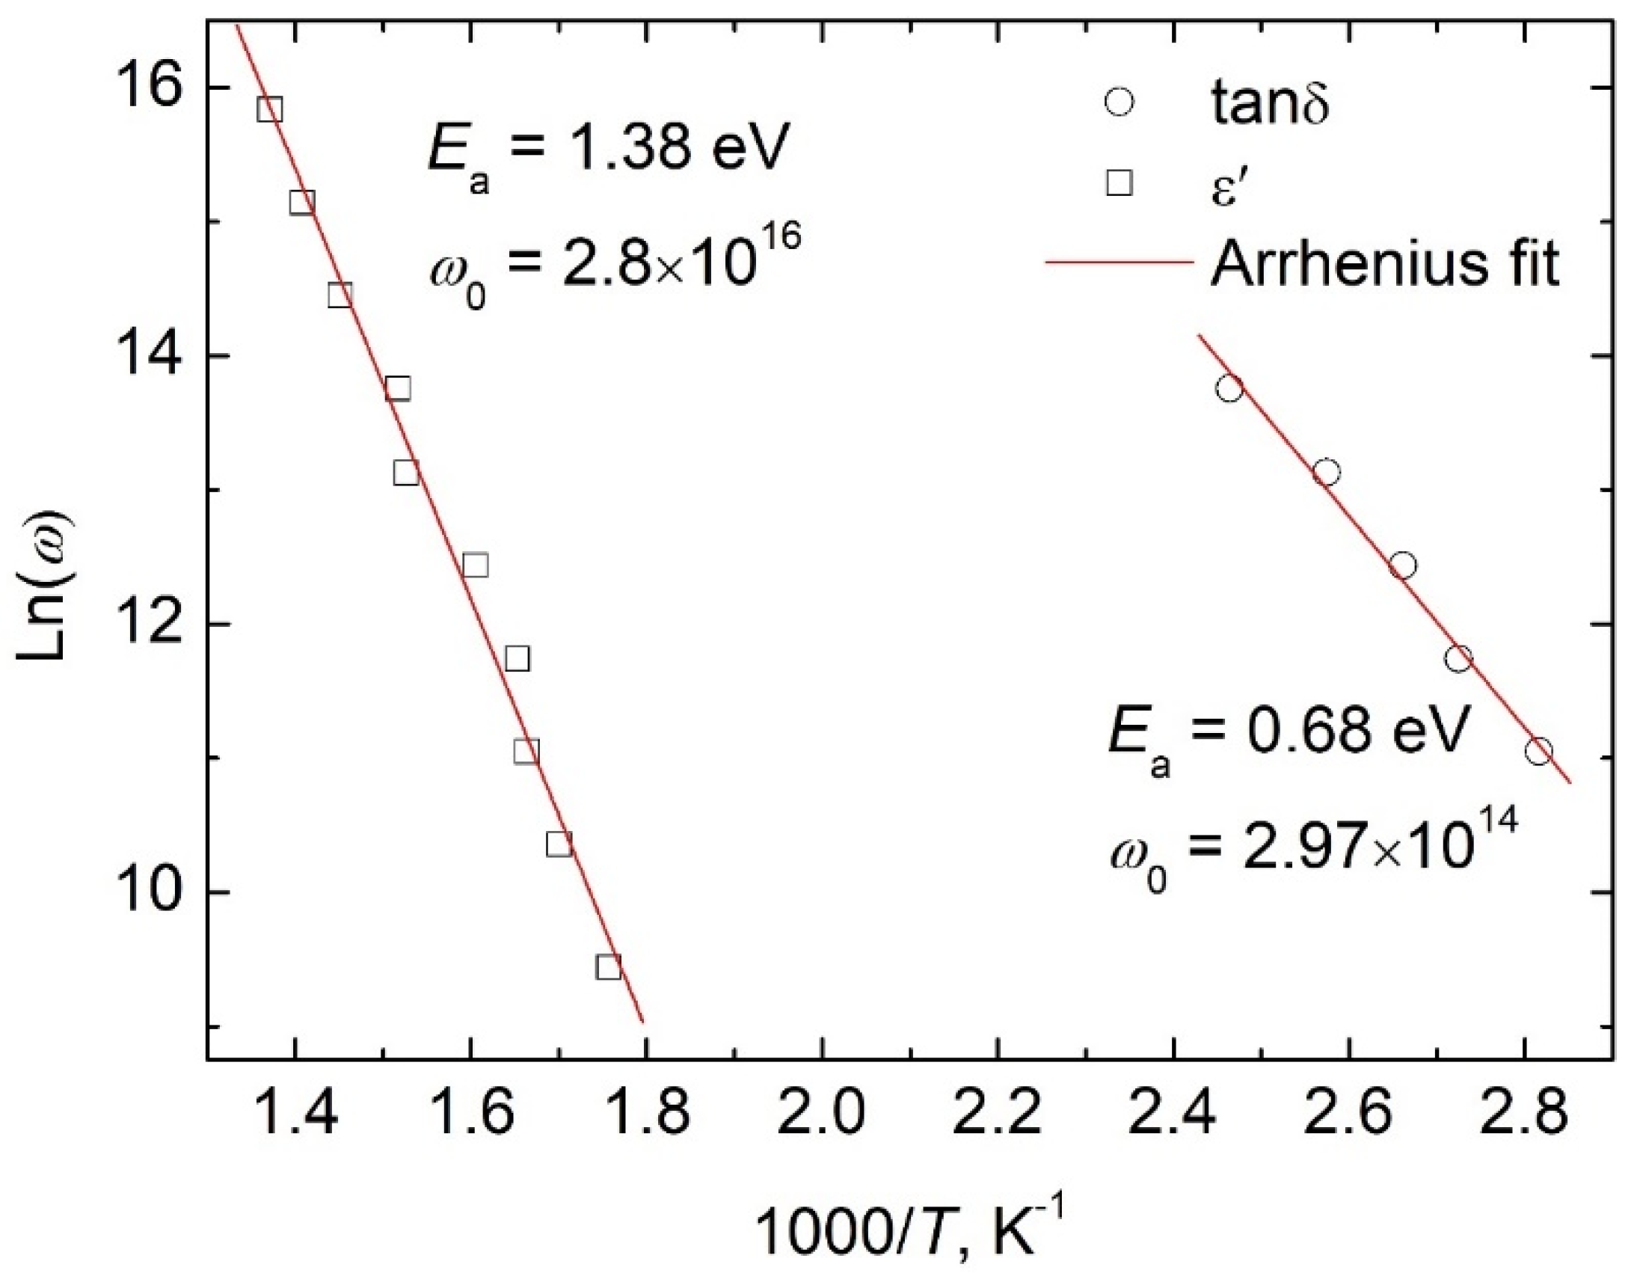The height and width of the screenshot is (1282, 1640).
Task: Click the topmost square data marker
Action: coord(269,109)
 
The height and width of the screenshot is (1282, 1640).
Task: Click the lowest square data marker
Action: coord(609,966)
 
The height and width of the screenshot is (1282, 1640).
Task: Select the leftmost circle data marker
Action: coord(1229,389)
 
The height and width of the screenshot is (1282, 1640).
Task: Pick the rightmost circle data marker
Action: coord(1538,751)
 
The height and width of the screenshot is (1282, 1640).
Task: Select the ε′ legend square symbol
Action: coord(1120,183)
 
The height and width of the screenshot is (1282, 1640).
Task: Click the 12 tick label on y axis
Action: coord(140,625)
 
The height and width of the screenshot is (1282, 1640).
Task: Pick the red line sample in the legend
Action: coord(1120,263)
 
